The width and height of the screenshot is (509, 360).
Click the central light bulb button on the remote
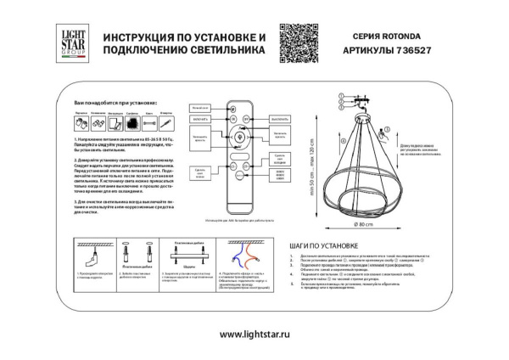[x=238, y=137]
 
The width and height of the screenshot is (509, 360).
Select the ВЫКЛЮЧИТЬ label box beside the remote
[x=279, y=121]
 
